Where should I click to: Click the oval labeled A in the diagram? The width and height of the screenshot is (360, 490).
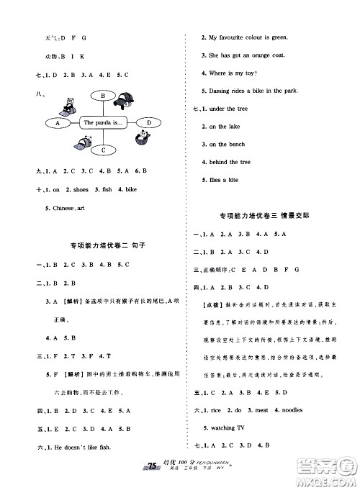pyautogui.click(x=57, y=123)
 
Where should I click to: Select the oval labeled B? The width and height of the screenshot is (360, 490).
pyautogui.click(x=104, y=96)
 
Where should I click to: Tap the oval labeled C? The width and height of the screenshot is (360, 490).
pyautogui.click(x=104, y=150)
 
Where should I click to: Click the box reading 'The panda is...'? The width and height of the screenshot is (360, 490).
pyautogui.click(x=104, y=123)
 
